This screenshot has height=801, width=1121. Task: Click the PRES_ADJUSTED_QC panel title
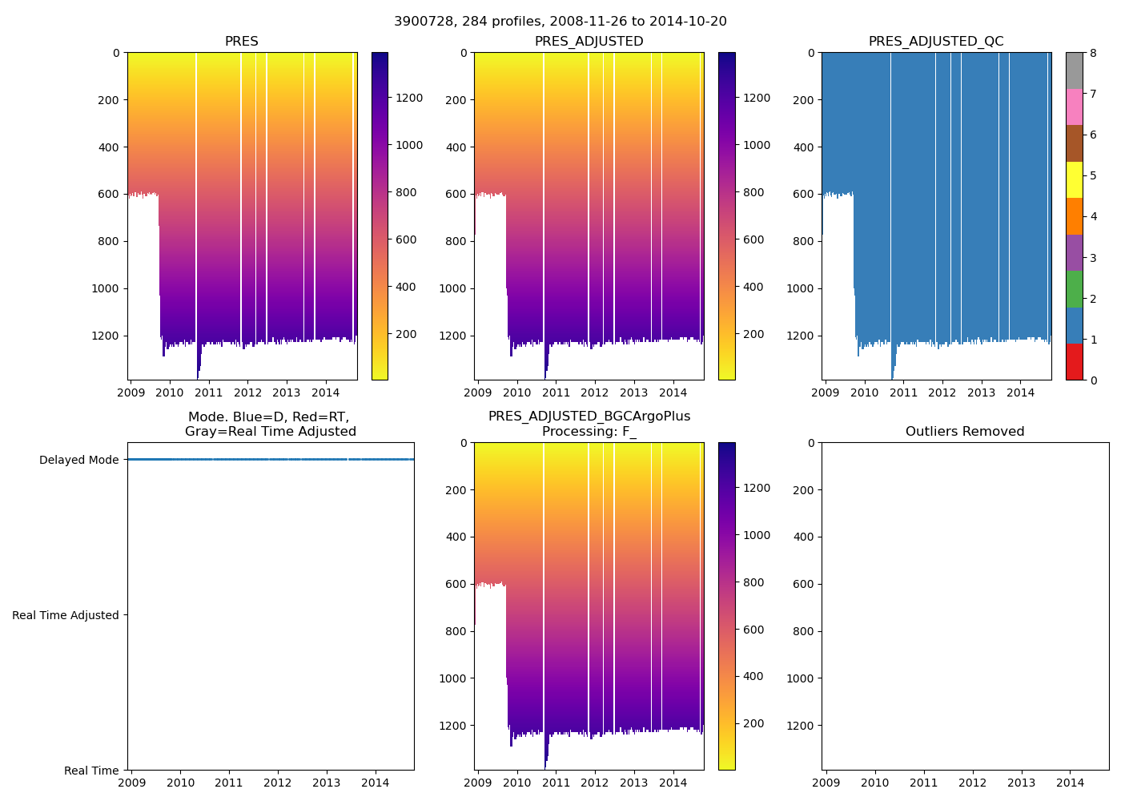click(936, 42)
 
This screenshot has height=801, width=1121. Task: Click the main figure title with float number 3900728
click(560, 22)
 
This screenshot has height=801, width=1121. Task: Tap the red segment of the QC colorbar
click(1074, 362)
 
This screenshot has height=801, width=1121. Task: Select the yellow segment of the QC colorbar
click(1074, 179)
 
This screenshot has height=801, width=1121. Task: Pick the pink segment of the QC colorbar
click(1074, 107)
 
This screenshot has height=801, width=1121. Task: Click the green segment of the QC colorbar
click(1074, 289)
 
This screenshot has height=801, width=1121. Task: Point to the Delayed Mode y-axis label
click(78, 460)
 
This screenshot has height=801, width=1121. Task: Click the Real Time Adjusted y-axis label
click(66, 615)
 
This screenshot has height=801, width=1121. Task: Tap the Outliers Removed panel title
click(965, 432)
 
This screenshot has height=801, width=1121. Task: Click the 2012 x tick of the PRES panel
click(247, 393)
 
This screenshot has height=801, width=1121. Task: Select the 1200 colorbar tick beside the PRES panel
click(409, 98)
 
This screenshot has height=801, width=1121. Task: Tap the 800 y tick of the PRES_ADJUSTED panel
click(456, 241)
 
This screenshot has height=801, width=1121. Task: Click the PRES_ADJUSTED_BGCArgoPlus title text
click(589, 417)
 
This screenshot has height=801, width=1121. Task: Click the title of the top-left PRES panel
click(242, 42)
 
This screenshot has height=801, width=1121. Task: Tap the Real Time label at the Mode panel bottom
click(91, 771)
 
